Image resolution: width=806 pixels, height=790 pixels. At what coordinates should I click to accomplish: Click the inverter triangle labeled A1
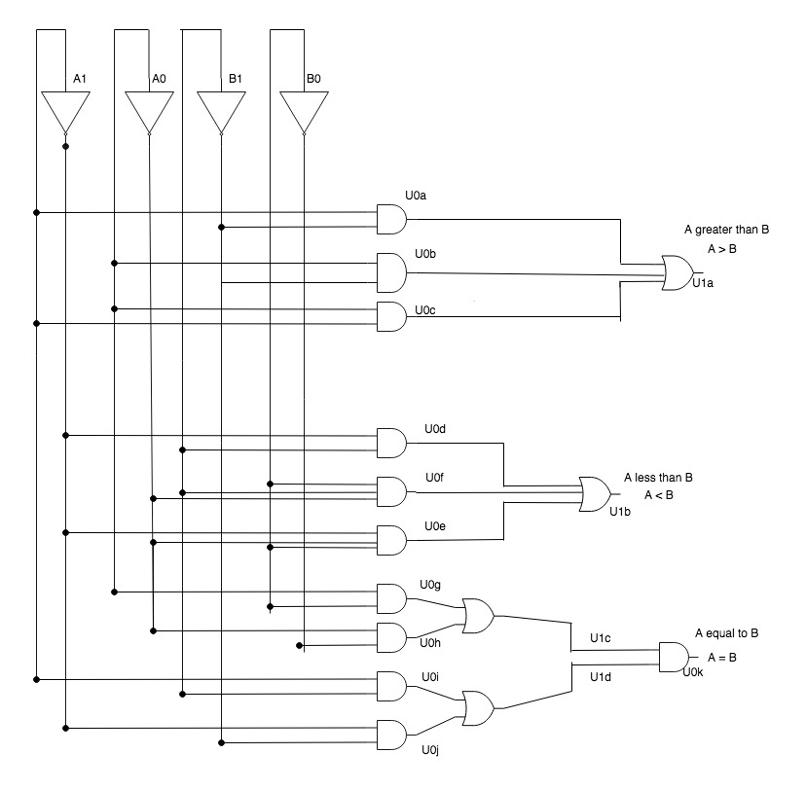pyautogui.click(x=65, y=113)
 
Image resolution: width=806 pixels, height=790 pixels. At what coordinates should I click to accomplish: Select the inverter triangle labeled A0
pyautogui.click(x=149, y=113)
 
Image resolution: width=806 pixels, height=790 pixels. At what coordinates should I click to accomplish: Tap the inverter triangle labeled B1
pyautogui.click(x=221, y=113)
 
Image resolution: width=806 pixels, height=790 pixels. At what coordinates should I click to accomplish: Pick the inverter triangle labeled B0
pyautogui.click(x=304, y=113)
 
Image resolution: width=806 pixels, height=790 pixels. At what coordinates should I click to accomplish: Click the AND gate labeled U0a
pyautogui.click(x=391, y=219)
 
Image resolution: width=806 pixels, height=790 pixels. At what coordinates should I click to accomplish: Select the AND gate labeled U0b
pyautogui.click(x=391, y=272)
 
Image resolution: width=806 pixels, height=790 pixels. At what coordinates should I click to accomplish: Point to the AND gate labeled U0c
pyautogui.click(x=391, y=316)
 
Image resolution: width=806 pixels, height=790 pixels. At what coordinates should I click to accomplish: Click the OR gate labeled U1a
pyautogui.click(x=678, y=272)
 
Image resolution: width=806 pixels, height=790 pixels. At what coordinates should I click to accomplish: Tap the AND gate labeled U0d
pyautogui.click(x=391, y=443)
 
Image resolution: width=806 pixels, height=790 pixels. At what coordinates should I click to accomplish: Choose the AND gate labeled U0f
pyautogui.click(x=391, y=491)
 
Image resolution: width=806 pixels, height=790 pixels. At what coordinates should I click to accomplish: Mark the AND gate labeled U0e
pyautogui.click(x=391, y=540)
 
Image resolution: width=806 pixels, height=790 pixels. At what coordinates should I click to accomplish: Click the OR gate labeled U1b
pyautogui.click(x=595, y=494)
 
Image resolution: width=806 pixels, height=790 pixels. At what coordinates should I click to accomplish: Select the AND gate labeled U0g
pyautogui.click(x=391, y=598)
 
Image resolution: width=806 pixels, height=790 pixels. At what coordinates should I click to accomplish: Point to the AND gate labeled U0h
pyautogui.click(x=391, y=637)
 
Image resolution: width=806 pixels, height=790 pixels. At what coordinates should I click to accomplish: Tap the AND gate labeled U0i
pyautogui.click(x=391, y=686)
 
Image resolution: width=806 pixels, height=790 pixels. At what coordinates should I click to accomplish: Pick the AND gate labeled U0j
pyautogui.click(x=391, y=735)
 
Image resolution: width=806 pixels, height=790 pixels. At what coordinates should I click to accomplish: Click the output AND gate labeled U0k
pyautogui.click(x=674, y=657)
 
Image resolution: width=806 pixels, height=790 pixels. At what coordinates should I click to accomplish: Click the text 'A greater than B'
pyautogui.click(x=726, y=230)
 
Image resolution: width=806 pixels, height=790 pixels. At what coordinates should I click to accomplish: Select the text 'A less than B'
pyautogui.click(x=658, y=478)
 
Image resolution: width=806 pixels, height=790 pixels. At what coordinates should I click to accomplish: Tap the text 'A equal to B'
pyautogui.click(x=726, y=633)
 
